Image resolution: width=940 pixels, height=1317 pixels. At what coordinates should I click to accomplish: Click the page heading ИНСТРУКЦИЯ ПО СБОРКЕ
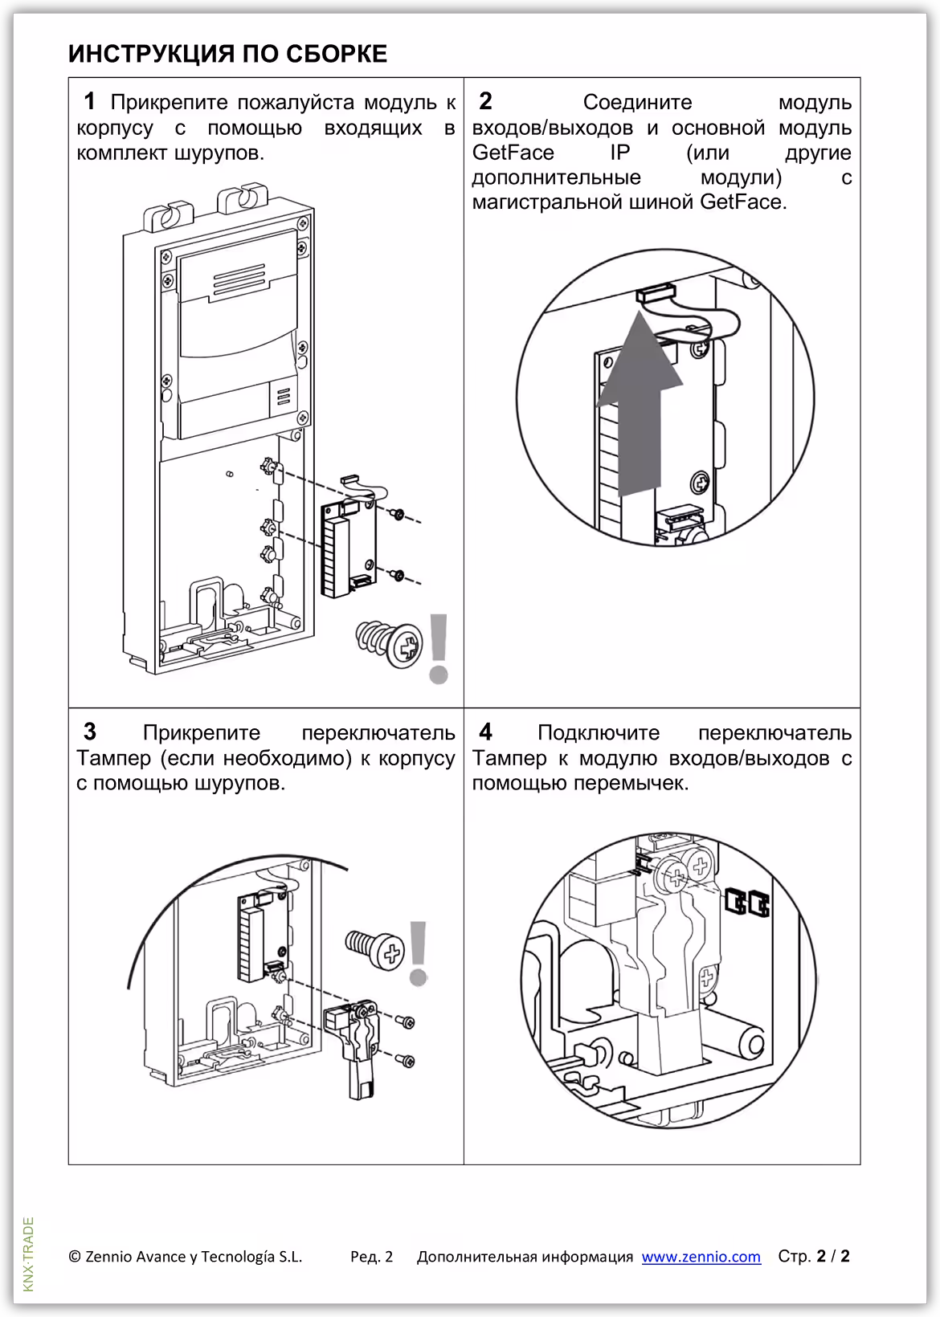click(227, 54)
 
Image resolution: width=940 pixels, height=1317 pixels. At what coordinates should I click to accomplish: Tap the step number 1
click(90, 101)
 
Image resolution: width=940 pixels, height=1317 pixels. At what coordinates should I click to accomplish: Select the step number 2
click(485, 101)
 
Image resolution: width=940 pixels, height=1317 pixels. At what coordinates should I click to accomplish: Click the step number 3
click(90, 732)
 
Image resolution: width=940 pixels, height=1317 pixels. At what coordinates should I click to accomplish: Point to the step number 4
click(485, 732)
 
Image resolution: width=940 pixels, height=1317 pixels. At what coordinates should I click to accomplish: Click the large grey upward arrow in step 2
click(638, 402)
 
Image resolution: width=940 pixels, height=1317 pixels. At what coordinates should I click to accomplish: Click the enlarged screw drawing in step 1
click(390, 643)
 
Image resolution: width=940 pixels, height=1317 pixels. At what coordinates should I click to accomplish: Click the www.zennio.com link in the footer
click(701, 1257)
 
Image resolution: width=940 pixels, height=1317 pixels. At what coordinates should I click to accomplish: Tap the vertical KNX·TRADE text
click(29, 1254)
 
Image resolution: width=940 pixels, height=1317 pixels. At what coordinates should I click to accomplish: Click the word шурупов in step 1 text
click(219, 153)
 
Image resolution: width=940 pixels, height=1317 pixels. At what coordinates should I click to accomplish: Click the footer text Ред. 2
click(371, 1257)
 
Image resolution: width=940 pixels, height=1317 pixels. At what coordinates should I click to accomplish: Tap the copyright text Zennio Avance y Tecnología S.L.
click(186, 1257)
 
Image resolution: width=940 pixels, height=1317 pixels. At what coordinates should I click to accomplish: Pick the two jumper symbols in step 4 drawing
click(747, 903)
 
